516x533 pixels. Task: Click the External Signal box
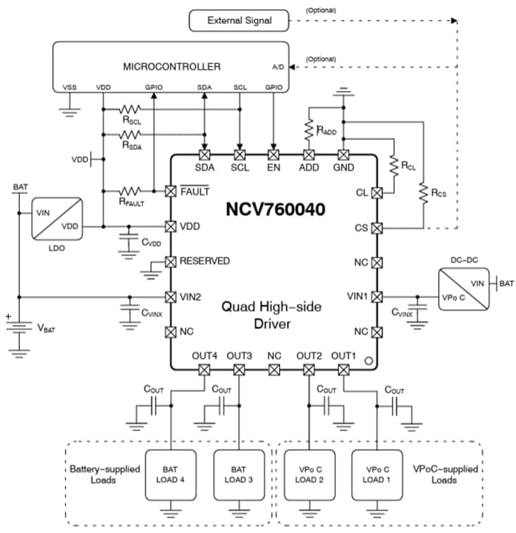(239, 21)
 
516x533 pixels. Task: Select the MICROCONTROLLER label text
(171, 67)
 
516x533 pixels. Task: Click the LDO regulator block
(57, 218)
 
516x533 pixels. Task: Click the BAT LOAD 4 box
(170, 475)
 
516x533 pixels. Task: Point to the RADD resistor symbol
(309, 128)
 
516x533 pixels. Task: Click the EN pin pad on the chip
(275, 155)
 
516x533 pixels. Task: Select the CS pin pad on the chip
(376, 228)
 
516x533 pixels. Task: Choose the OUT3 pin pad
(239, 370)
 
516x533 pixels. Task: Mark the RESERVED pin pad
(171, 262)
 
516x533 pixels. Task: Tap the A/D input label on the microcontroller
(278, 67)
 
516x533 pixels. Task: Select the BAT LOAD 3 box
(239, 475)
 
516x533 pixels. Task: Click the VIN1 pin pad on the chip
(376, 296)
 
